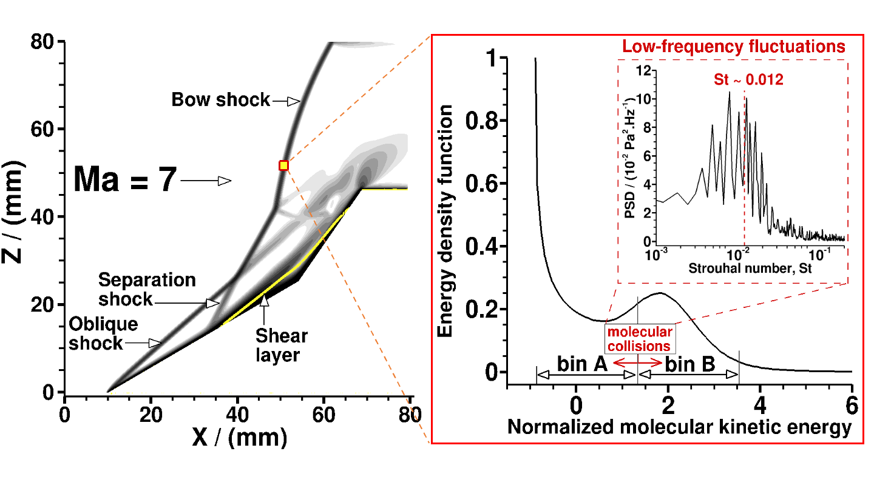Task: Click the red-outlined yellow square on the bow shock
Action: (283, 165)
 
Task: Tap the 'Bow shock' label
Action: (220, 100)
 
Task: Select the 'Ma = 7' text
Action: (125, 180)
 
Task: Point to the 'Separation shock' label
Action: (147, 289)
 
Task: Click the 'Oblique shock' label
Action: (103, 333)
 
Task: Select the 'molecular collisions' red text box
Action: (640, 339)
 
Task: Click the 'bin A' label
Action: (579, 364)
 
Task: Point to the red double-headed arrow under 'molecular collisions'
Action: (638, 362)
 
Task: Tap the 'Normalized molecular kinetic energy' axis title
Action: (679, 427)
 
